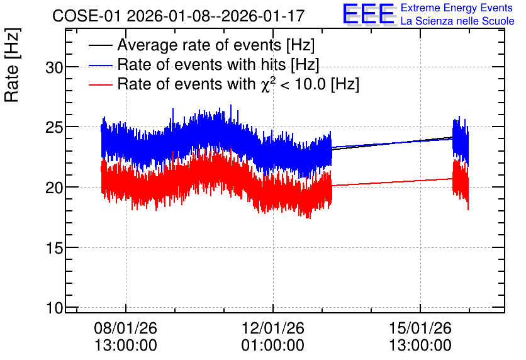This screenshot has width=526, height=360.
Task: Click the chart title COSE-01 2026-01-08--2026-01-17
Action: (179, 16)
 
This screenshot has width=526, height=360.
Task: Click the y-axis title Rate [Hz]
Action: (12, 65)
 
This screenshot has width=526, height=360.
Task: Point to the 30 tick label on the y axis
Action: (54, 68)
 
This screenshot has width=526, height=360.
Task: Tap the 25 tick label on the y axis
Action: (54, 128)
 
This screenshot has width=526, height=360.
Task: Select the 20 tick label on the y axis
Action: (54, 188)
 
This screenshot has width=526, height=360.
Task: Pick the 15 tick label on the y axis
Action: (54, 248)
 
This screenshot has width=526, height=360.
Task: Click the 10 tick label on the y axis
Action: (54, 308)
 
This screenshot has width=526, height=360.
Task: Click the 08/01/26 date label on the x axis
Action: (125, 328)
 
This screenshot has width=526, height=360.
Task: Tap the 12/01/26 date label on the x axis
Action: (272, 328)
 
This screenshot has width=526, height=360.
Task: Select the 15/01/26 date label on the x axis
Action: (420, 328)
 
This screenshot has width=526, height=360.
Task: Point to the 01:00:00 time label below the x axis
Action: (272, 346)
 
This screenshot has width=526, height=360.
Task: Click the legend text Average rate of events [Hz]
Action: (216, 45)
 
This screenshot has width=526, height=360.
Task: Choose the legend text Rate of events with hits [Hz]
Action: (218, 64)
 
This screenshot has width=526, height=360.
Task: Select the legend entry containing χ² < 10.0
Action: (238, 84)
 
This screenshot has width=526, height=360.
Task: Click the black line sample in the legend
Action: (101, 45)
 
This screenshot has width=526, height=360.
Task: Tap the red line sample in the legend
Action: (101, 84)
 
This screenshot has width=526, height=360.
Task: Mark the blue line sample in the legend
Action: (101, 65)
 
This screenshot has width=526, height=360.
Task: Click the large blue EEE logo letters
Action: (369, 14)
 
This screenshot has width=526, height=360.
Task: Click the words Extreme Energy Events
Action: (457, 8)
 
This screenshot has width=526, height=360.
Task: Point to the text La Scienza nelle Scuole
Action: (457, 21)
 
